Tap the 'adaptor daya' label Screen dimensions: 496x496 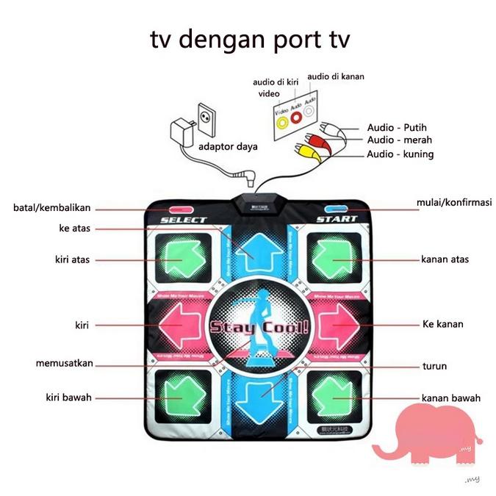coord(228,146)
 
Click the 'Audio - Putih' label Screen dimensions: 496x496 coord(397,127)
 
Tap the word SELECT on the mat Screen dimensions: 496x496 coord(183,220)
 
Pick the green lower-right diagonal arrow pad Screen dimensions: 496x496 coord(334,397)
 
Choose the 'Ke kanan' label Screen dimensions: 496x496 coord(442,323)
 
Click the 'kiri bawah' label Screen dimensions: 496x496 coord(66,398)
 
